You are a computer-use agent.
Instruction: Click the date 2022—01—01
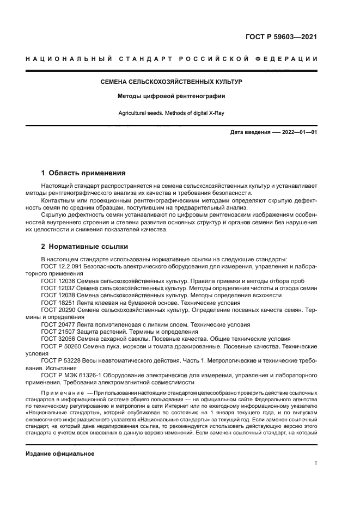[297, 132]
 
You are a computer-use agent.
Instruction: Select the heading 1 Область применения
[83, 173]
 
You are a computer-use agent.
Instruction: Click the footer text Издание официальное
[60, 453]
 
